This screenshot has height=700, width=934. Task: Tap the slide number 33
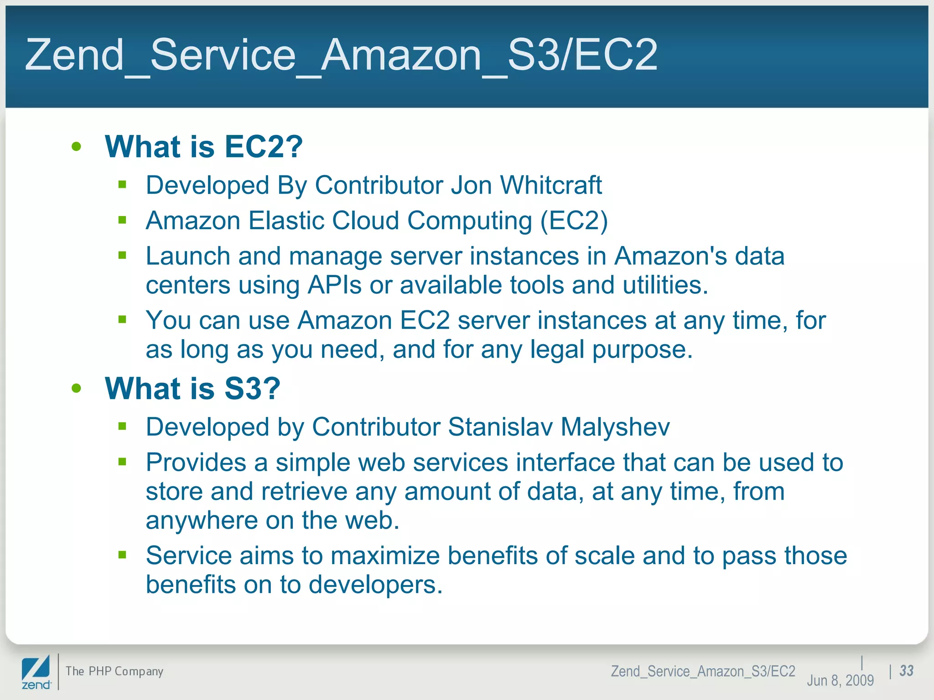point(906,671)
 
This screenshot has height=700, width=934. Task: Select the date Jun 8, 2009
point(840,680)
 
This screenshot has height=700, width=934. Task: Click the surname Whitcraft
point(551,185)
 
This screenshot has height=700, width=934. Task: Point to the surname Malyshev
point(615,427)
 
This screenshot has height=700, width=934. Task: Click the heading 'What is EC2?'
point(203,147)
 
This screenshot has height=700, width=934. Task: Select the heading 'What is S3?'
point(192,389)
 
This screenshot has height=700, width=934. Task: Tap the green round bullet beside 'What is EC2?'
point(76,147)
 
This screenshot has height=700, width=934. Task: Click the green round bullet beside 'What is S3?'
point(76,388)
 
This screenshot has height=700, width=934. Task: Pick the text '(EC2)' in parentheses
point(574,221)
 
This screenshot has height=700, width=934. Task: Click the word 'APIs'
point(335,285)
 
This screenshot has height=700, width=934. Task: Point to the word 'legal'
point(557,350)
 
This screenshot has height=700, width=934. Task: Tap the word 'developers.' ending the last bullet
point(375,585)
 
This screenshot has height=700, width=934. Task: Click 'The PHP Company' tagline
point(114,671)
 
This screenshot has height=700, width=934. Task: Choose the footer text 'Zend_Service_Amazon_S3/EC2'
point(703,671)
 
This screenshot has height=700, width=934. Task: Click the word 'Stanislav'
point(500,427)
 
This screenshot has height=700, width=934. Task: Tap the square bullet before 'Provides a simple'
point(122,462)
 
